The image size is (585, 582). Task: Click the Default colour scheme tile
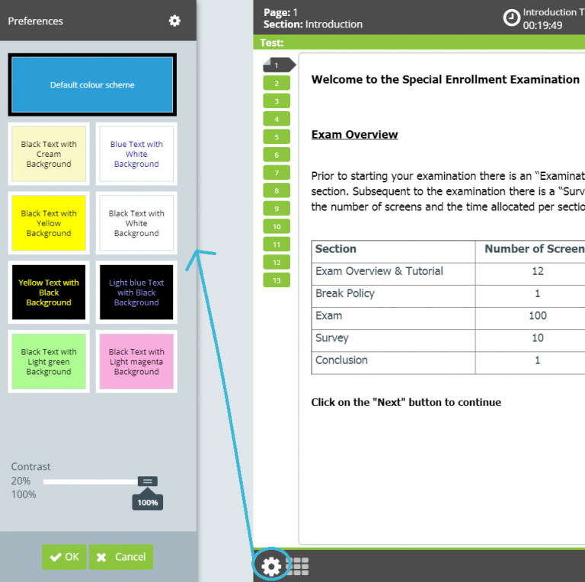(x=92, y=85)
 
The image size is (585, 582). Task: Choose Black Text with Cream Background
(x=49, y=154)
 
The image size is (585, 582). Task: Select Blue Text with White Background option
(x=136, y=154)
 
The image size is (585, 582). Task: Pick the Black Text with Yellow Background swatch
(x=49, y=223)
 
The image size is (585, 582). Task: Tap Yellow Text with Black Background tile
(x=49, y=293)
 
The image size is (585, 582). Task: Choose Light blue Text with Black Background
(x=136, y=293)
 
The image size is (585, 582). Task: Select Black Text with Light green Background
(x=49, y=362)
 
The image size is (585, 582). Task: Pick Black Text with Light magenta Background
(x=136, y=362)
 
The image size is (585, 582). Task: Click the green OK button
(x=64, y=557)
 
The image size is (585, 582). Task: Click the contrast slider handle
(x=148, y=481)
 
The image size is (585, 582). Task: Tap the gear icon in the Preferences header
(x=174, y=21)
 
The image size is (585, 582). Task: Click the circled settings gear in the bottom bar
(x=271, y=565)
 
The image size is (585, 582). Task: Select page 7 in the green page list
(x=277, y=173)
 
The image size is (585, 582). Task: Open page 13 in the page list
(x=277, y=280)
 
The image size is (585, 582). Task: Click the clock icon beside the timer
(x=512, y=18)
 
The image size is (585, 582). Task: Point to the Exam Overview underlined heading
(x=354, y=135)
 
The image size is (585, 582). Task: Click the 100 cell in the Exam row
(x=537, y=315)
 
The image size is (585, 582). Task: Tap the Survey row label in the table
(x=332, y=337)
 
